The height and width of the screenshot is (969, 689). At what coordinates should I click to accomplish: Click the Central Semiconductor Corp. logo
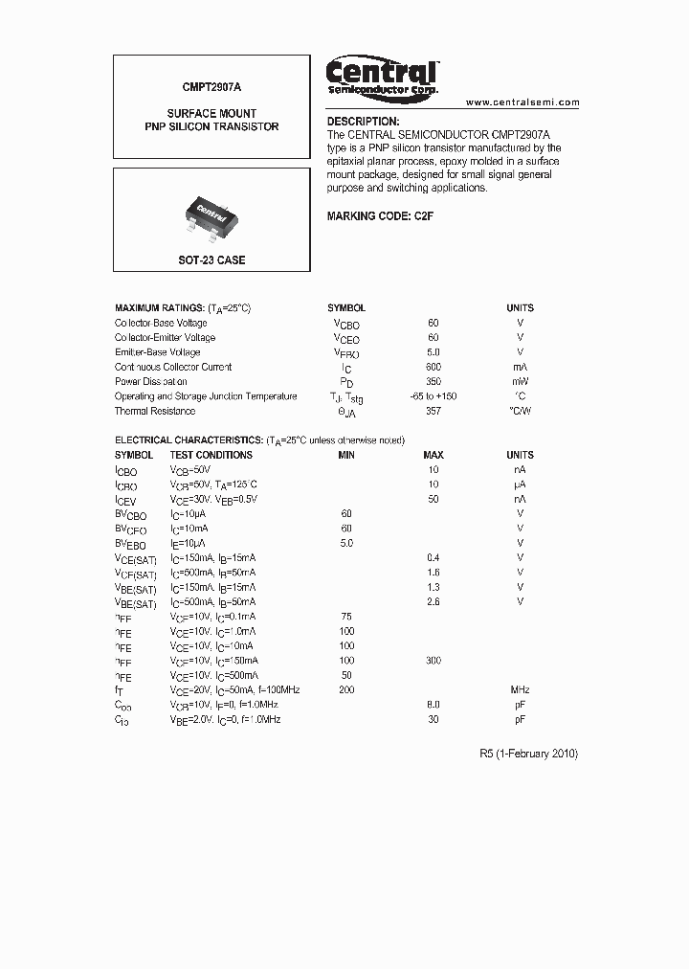[x=383, y=76]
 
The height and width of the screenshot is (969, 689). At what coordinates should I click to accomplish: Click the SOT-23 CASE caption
[x=211, y=259]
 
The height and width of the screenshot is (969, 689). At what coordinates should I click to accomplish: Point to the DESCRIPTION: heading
[x=363, y=122]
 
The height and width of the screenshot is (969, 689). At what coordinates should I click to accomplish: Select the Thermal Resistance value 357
[x=433, y=411]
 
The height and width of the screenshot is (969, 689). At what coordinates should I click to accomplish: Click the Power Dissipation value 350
[x=433, y=381]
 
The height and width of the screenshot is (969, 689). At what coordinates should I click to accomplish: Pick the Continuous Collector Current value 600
[x=433, y=367]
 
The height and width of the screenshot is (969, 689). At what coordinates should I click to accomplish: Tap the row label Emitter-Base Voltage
[x=157, y=352]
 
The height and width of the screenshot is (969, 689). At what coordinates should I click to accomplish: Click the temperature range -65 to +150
[x=433, y=396]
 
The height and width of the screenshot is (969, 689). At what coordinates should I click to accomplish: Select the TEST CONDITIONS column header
[x=211, y=455]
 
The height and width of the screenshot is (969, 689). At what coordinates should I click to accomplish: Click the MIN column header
[x=346, y=455]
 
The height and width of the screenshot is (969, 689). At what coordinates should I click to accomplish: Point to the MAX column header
[x=433, y=455]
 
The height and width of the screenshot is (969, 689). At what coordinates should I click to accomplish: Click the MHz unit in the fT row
[x=520, y=690]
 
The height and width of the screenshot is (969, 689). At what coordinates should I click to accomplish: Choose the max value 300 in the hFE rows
[x=433, y=661]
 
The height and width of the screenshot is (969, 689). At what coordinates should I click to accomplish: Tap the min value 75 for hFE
[x=346, y=617]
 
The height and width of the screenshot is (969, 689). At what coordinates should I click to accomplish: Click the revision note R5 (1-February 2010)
[x=528, y=754]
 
